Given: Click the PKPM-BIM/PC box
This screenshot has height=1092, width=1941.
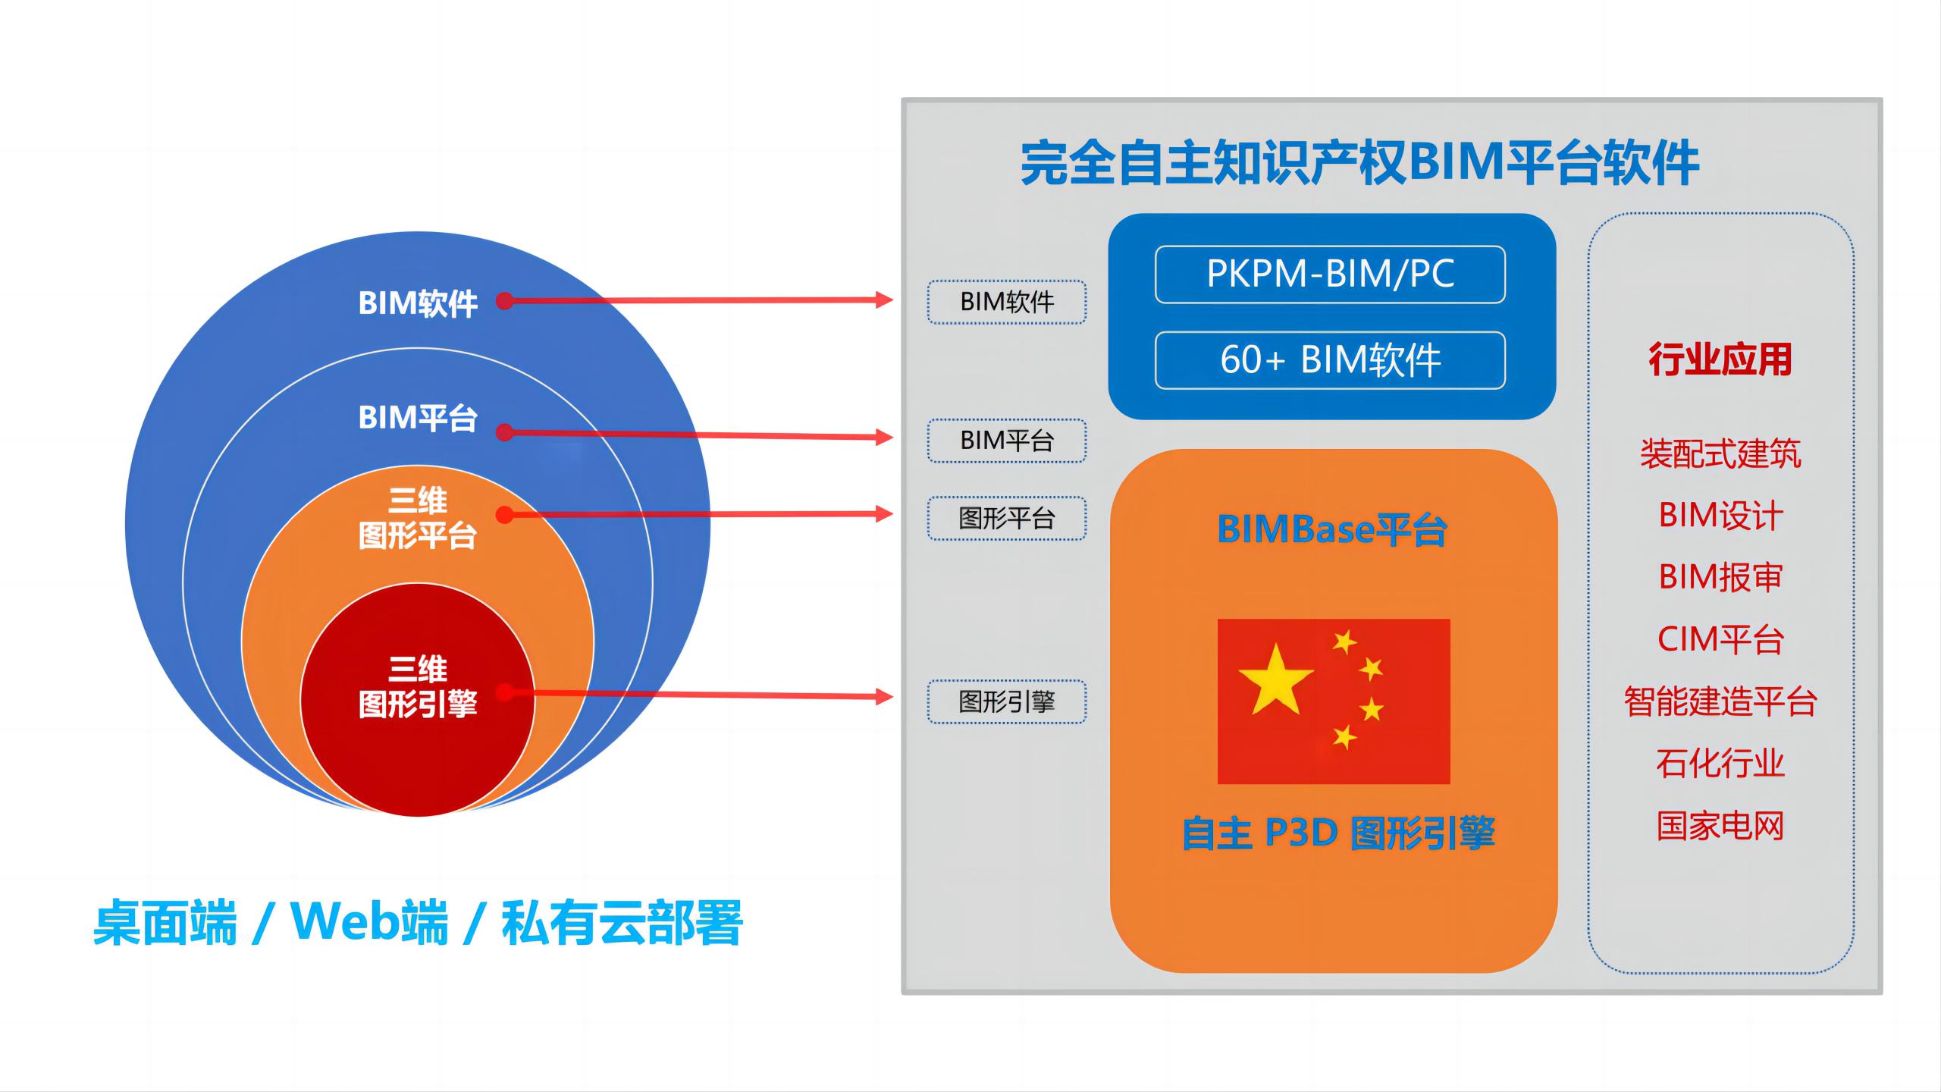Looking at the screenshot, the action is (1330, 275).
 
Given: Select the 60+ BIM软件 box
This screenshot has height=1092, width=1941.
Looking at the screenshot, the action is (1330, 360).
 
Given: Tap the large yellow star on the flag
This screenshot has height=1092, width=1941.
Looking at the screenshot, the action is (1275, 679).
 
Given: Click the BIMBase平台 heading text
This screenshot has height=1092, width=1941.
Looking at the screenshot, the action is (1332, 529).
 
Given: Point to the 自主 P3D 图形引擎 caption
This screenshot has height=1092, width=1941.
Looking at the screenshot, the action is (1339, 833).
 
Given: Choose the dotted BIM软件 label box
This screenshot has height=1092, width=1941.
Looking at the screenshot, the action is (1007, 302).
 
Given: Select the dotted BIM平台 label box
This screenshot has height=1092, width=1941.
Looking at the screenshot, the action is (1007, 441).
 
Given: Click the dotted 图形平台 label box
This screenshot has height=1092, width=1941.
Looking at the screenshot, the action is (1007, 518).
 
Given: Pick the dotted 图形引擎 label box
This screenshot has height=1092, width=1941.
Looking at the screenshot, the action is (1007, 701).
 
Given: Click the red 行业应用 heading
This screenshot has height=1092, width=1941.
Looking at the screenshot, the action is (1720, 359).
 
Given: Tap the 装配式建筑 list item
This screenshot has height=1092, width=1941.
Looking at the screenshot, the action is (1720, 454).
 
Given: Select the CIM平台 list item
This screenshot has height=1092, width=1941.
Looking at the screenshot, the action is (1720, 639).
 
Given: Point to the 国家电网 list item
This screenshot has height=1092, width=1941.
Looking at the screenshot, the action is (1720, 825).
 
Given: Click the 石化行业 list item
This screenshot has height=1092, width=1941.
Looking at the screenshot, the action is (1720, 763).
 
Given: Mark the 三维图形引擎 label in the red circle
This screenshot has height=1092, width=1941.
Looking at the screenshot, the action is (418, 686).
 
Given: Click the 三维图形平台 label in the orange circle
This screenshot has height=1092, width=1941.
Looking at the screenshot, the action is (418, 518).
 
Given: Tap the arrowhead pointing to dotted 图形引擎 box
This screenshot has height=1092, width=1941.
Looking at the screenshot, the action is (884, 697).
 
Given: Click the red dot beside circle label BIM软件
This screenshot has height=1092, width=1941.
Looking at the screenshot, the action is (505, 301).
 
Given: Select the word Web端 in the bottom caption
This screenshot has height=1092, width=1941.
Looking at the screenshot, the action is (370, 922).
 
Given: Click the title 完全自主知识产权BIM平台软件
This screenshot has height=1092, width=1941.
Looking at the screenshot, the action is (1359, 162).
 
